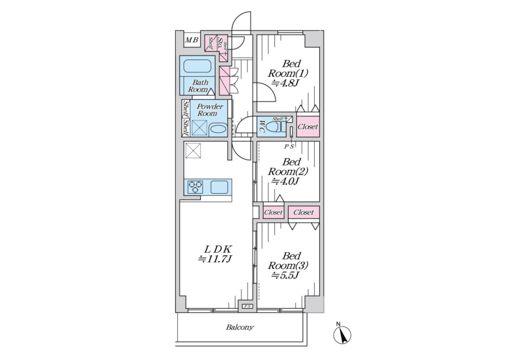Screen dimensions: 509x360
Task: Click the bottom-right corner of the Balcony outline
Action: coord(307,342)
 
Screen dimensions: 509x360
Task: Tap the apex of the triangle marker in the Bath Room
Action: coord(211,89)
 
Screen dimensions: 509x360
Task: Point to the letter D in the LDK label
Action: coord(217,249)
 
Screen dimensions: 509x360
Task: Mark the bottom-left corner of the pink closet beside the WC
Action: coord(297,137)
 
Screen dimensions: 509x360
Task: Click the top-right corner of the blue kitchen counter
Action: coord(232,179)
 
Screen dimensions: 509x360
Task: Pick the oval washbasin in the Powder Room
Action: coord(217,129)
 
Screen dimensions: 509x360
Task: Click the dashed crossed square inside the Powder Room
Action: coord(199,128)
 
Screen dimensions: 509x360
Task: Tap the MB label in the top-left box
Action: coord(192,40)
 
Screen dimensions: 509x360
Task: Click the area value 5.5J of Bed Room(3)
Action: coord(286,275)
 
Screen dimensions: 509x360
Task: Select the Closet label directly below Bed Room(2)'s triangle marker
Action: coord(273,212)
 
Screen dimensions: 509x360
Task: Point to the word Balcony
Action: coord(240,327)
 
